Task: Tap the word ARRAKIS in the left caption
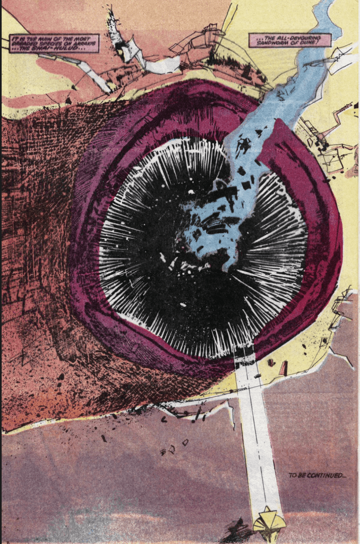85,43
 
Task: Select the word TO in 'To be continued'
293,475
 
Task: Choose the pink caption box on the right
290,40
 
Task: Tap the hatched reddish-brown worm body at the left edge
27,212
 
